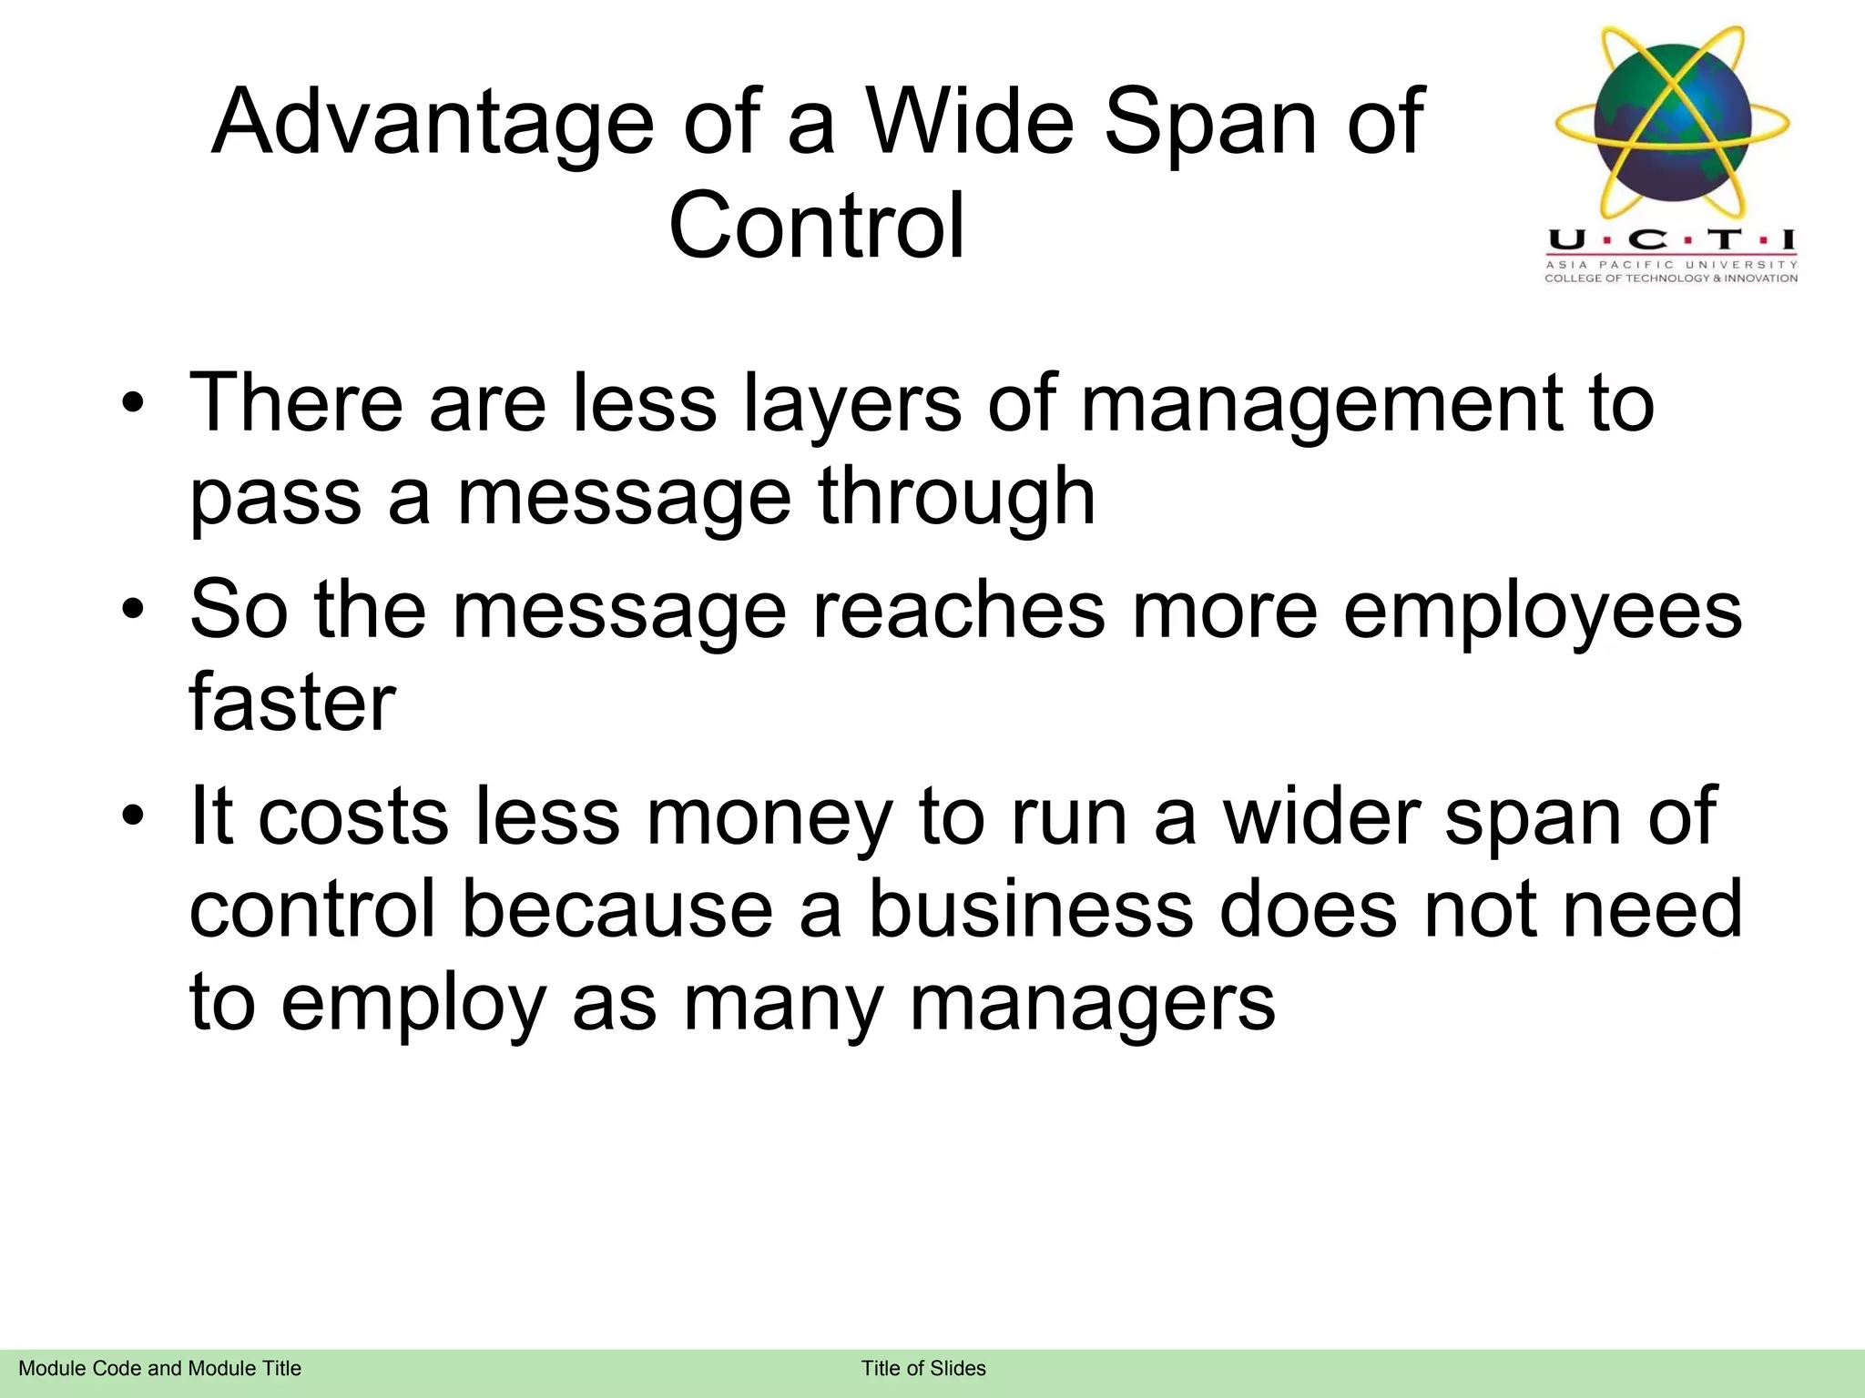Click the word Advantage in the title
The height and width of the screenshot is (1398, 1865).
(x=433, y=123)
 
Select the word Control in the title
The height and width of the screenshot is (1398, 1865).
(x=817, y=226)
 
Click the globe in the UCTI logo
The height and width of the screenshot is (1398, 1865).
(x=1673, y=127)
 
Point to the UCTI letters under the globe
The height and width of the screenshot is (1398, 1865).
(x=1672, y=240)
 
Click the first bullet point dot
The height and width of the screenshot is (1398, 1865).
(x=133, y=403)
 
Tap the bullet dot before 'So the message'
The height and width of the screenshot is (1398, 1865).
(x=133, y=610)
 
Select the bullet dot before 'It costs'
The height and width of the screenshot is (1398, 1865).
(x=133, y=816)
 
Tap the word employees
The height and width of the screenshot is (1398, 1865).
(x=1543, y=612)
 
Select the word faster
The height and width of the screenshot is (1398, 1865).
(x=292, y=703)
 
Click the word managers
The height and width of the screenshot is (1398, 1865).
(x=1093, y=1003)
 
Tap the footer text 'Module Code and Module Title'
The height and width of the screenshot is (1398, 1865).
(x=160, y=1368)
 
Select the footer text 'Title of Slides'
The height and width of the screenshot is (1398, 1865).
(x=923, y=1368)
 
